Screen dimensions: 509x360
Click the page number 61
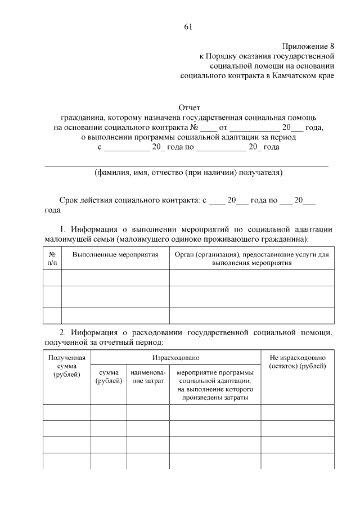(188, 27)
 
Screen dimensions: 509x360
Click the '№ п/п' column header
(52, 259)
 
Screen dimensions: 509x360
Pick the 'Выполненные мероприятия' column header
(115, 255)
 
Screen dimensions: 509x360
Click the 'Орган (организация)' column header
(251, 259)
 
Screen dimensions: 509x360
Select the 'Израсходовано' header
(175, 358)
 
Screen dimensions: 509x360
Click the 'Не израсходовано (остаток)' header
(298, 362)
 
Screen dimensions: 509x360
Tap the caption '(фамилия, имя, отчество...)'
(188, 173)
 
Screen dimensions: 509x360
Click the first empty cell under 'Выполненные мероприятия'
(115, 278)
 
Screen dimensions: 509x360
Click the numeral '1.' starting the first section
(64, 229)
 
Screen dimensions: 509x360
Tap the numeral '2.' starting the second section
(64, 332)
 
